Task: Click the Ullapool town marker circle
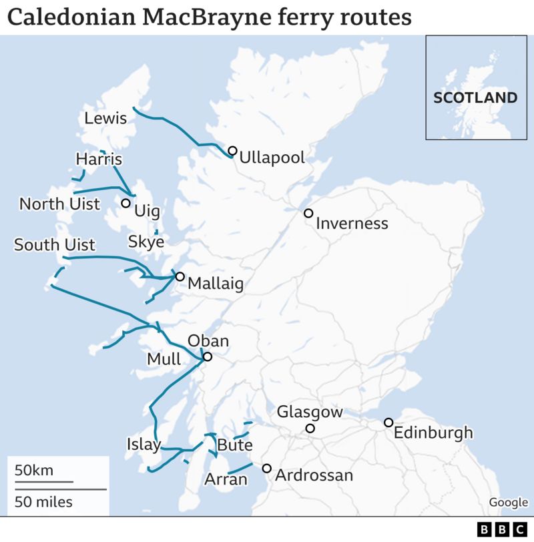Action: (x=232, y=151)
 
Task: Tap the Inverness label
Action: (x=352, y=224)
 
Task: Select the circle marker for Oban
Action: (x=207, y=357)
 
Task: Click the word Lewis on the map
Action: (x=105, y=119)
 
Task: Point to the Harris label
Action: (x=99, y=160)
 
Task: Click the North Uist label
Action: (x=59, y=204)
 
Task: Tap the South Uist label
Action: (x=55, y=245)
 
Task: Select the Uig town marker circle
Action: (x=125, y=203)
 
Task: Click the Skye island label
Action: (x=146, y=242)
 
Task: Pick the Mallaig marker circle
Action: (x=180, y=276)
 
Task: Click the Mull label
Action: (x=164, y=359)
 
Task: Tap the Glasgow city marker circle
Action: (x=310, y=429)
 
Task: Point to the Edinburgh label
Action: (x=433, y=433)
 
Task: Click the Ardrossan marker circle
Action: (x=266, y=469)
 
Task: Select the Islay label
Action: (x=144, y=444)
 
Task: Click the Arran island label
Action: (x=226, y=479)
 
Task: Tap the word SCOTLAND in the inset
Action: (x=475, y=97)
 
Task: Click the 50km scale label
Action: (x=34, y=470)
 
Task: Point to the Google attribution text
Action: (x=507, y=503)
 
